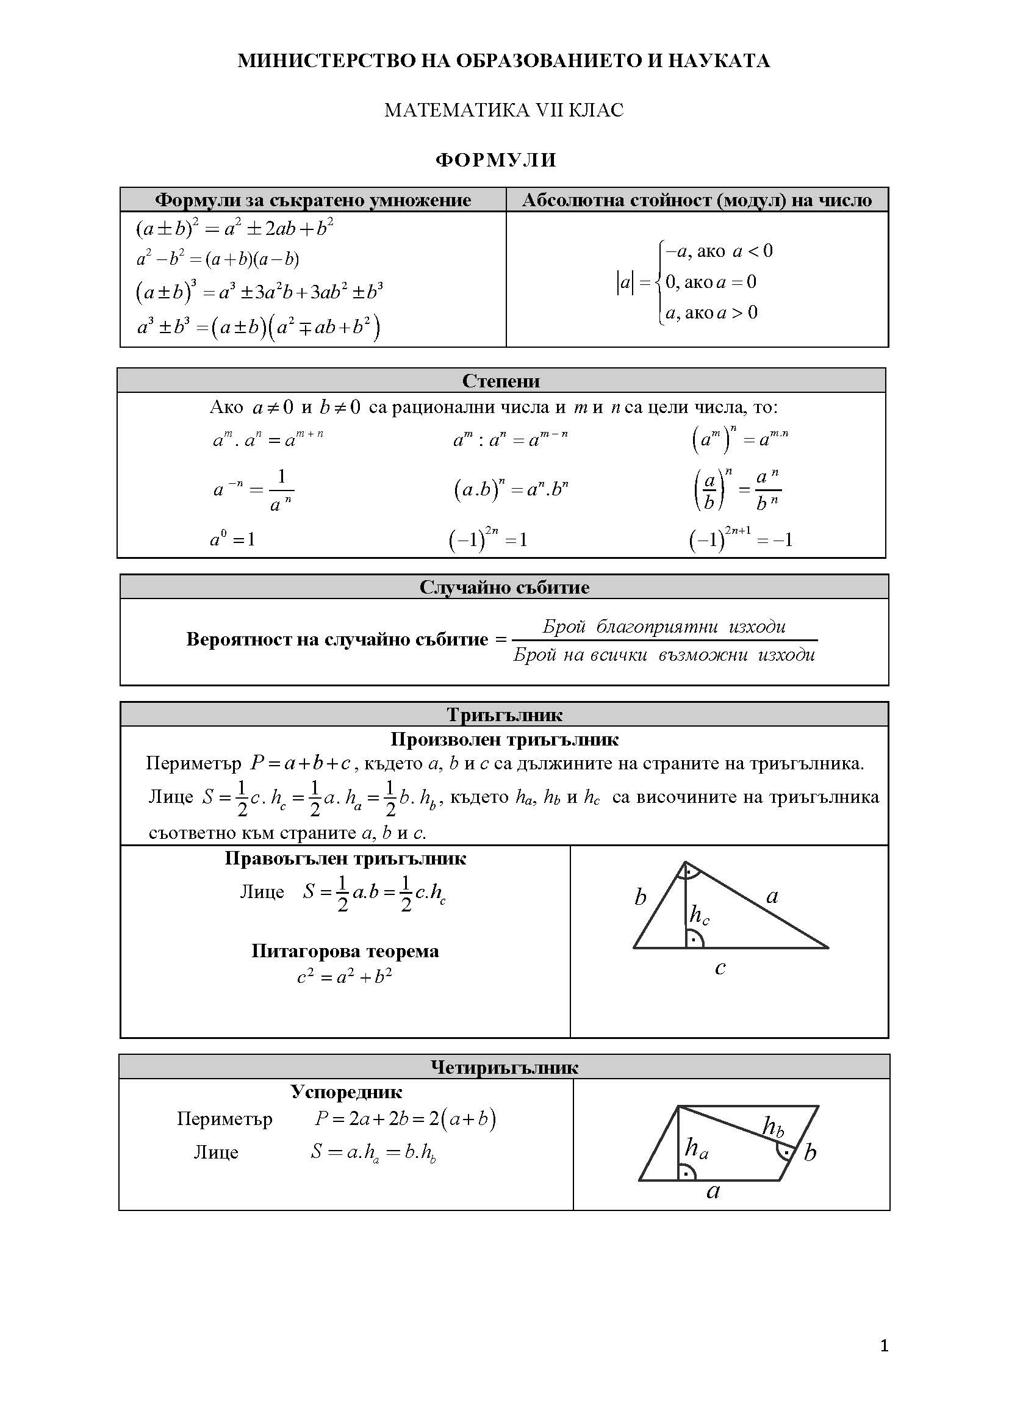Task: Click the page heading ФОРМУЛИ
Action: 495,160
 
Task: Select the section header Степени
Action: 501,381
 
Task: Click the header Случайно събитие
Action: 504,588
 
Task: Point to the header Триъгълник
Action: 504,715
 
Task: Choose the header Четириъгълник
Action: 504,1068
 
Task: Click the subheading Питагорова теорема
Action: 345,951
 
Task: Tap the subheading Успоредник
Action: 346,1092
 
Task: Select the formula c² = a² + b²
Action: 344,977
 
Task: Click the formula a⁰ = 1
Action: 232,539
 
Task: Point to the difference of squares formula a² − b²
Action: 217,259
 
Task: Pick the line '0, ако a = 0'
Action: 711,282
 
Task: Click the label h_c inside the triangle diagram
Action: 699,916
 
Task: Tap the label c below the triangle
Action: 720,968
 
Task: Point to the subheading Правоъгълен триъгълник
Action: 345,859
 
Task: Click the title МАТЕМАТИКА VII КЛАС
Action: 504,110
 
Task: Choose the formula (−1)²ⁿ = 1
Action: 488,538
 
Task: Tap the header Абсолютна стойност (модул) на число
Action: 697,200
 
